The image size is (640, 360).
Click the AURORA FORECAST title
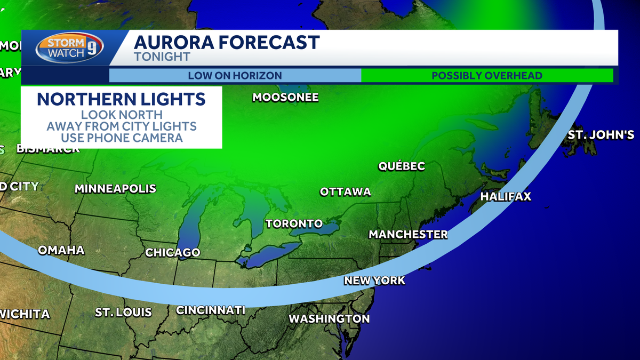point(227,42)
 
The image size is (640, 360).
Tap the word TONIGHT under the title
point(162,57)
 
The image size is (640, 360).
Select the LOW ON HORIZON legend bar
point(235,75)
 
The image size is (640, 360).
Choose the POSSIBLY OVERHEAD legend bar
point(487,75)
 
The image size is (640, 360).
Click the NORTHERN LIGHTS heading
point(122,99)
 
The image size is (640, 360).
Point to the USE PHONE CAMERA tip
point(122,138)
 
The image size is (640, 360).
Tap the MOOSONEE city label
point(285,97)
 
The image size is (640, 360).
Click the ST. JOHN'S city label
point(601,134)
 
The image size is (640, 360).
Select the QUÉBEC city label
point(402,166)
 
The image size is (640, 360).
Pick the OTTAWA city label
point(345,191)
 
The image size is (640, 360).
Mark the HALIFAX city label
point(506,196)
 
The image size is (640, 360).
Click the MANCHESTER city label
point(408,234)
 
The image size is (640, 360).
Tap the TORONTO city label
point(294,223)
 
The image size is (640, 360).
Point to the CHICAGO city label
point(173,252)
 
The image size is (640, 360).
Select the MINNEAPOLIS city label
point(115,188)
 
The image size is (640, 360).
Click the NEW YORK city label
point(374,280)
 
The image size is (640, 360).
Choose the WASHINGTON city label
point(329,318)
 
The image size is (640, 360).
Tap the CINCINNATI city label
point(211,310)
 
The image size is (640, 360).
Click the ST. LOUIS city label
point(123,312)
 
